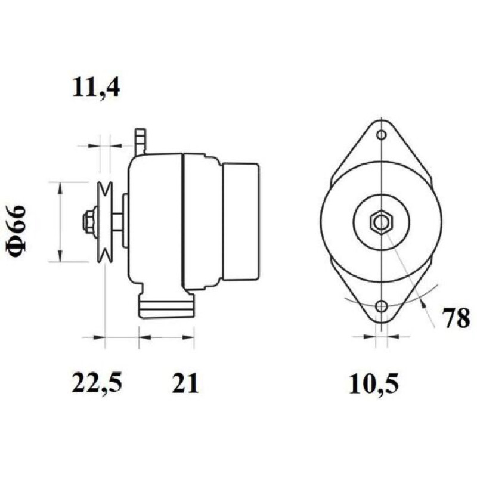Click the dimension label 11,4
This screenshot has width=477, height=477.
click(x=96, y=87)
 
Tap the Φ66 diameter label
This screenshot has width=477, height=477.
click(x=16, y=231)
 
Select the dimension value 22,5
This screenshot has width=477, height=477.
click(x=97, y=382)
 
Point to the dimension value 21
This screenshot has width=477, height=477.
click(x=185, y=382)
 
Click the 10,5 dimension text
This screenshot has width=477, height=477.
click(x=374, y=383)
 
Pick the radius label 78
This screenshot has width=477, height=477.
click(x=456, y=318)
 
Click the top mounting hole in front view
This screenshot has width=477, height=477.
click(x=381, y=135)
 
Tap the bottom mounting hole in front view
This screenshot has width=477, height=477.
click(x=381, y=306)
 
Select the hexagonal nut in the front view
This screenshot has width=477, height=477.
click(x=381, y=222)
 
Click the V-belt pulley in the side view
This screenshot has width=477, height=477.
click(x=104, y=222)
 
